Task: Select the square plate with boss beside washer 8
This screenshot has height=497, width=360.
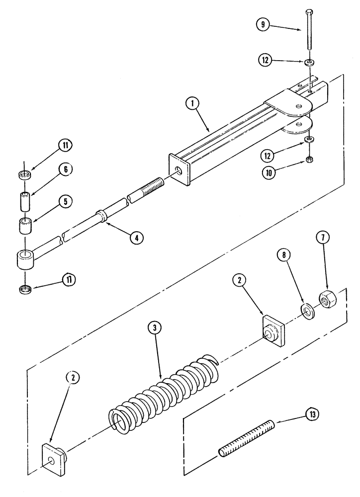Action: pyautogui.click(x=273, y=331)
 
